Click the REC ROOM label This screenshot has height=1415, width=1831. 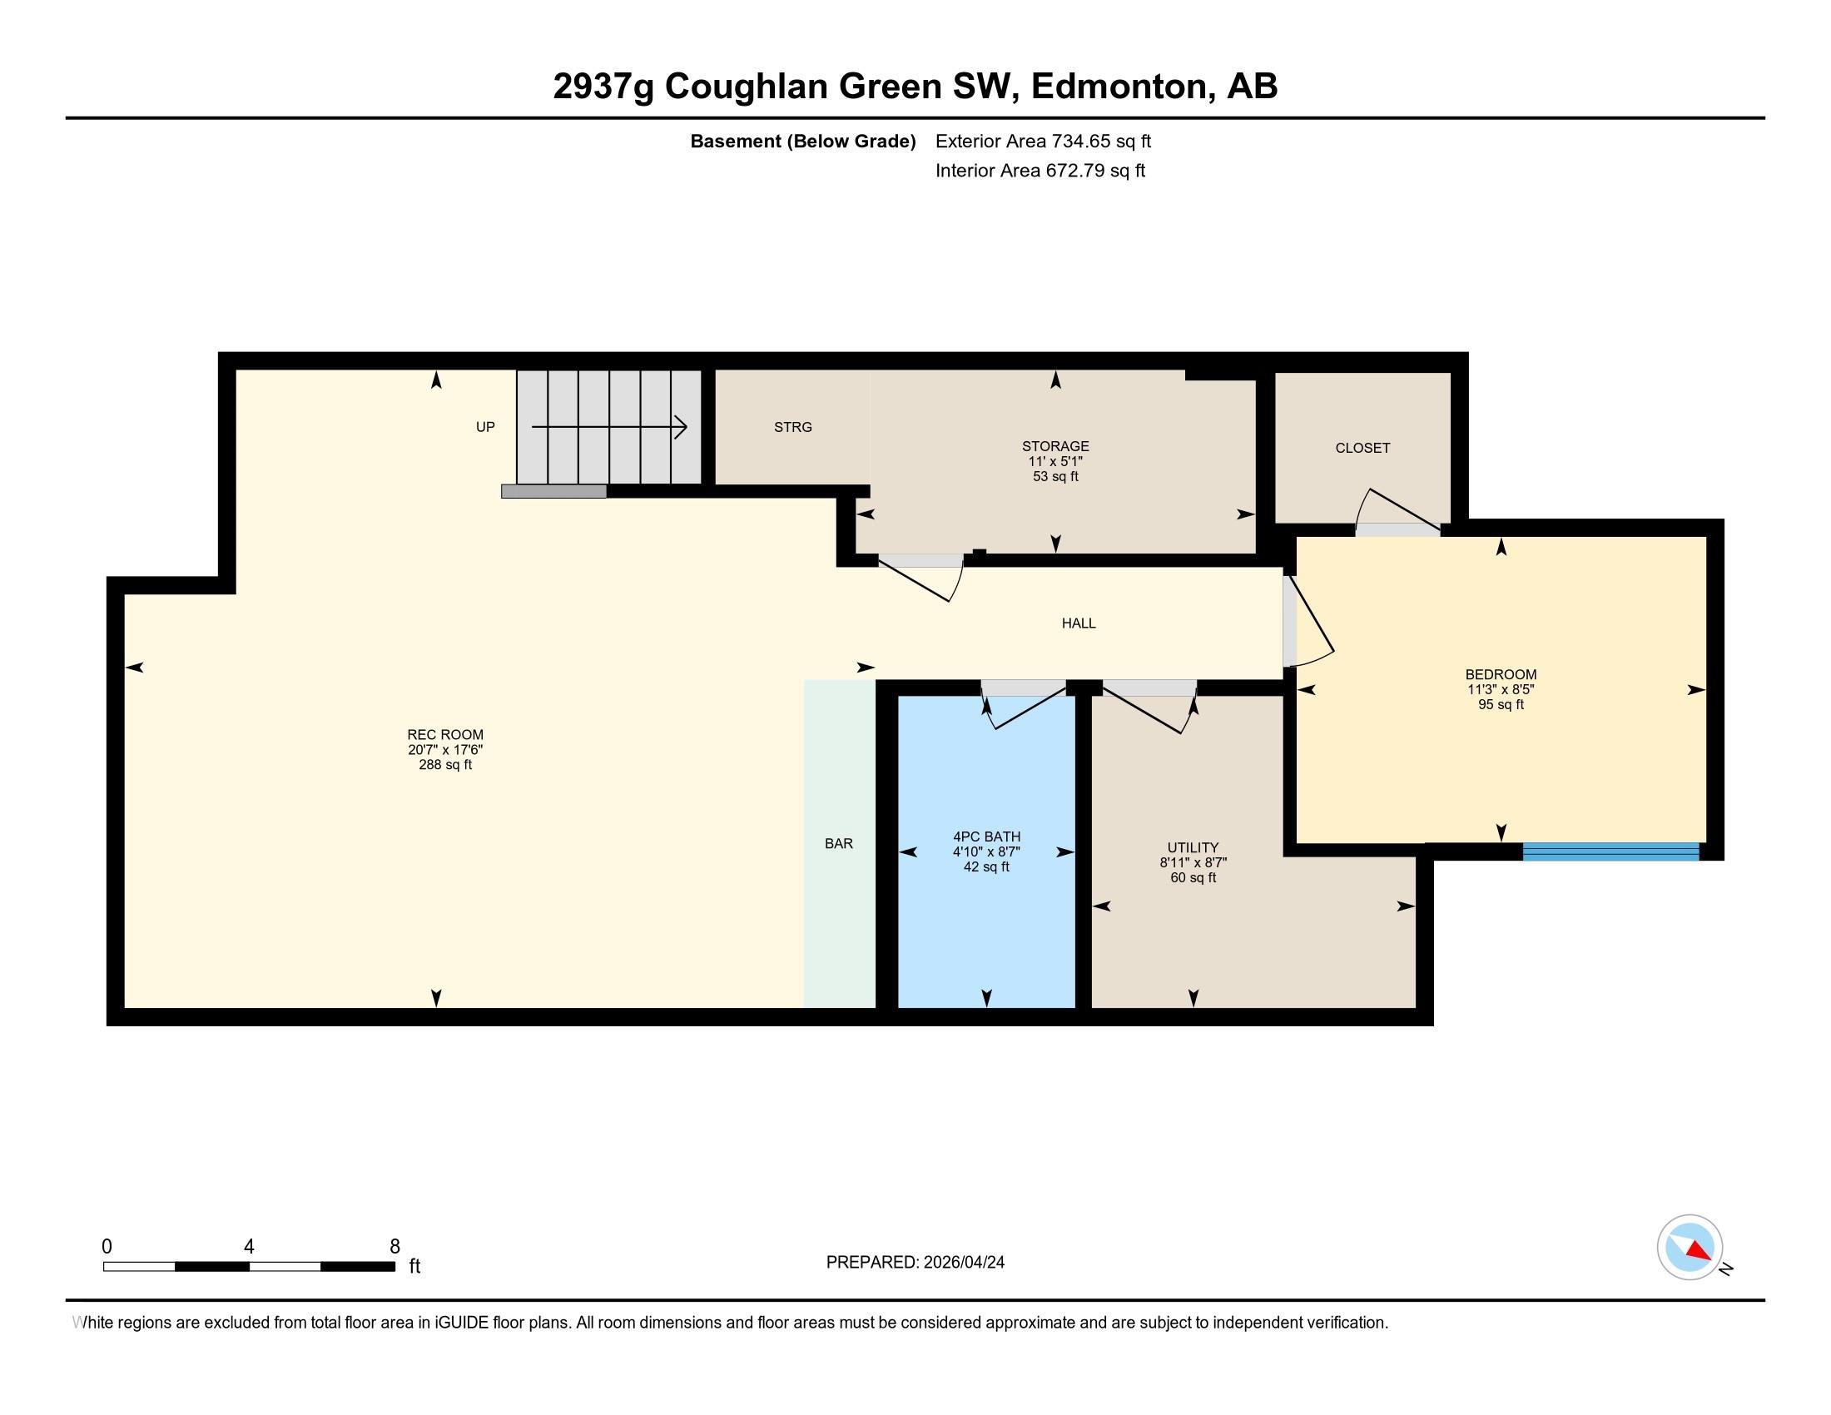[445, 735]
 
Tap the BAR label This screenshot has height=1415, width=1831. [838, 844]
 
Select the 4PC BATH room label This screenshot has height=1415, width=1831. [987, 837]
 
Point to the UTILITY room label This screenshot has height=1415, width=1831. [1193, 847]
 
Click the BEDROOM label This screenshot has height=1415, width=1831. [1501, 675]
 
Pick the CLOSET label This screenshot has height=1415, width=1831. [1362, 449]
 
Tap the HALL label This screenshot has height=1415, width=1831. [1079, 623]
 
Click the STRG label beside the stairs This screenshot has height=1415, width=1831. [793, 428]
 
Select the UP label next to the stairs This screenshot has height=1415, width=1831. [485, 428]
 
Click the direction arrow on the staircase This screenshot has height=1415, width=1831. [609, 428]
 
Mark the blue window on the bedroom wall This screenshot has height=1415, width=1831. [1610, 851]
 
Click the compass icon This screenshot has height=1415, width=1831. [1690, 1248]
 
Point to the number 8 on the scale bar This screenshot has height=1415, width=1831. [394, 1247]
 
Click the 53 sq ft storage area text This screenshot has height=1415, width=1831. [1055, 477]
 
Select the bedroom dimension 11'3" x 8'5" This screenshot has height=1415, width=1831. [1501, 690]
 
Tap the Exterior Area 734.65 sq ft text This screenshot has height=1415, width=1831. [1043, 141]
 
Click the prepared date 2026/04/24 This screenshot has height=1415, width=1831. [962, 1263]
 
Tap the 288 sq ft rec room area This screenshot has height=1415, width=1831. [445, 765]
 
